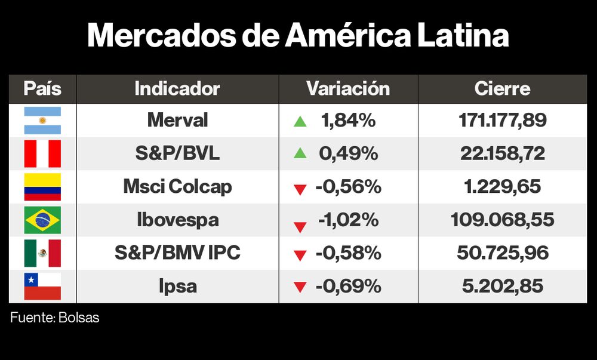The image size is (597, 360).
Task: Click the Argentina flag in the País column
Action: click(x=42, y=121)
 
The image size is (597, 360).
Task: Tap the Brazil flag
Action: click(x=42, y=220)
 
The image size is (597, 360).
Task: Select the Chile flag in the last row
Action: click(x=42, y=286)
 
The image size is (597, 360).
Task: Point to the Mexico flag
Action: click(x=42, y=253)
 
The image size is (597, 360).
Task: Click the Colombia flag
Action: click(x=42, y=187)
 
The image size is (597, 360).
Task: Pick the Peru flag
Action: click(x=42, y=153)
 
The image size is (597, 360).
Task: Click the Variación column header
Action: click(x=348, y=89)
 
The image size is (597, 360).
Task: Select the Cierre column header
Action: click(x=502, y=89)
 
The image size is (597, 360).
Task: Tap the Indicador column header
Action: click(x=177, y=89)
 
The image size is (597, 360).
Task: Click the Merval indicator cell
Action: click(x=177, y=121)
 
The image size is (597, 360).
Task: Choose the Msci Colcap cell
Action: click(x=177, y=187)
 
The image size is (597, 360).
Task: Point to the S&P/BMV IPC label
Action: click(x=177, y=253)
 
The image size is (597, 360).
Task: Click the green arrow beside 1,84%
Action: click(x=300, y=122)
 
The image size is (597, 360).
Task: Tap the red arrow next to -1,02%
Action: click(x=300, y=226)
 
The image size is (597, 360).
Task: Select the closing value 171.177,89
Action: click(x=502, y=121)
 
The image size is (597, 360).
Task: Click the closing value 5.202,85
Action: click(x=502, y=286)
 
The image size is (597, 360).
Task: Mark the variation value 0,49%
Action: click(x=349, y=153)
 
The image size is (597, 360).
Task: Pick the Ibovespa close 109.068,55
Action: click(x=502, y=220)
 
